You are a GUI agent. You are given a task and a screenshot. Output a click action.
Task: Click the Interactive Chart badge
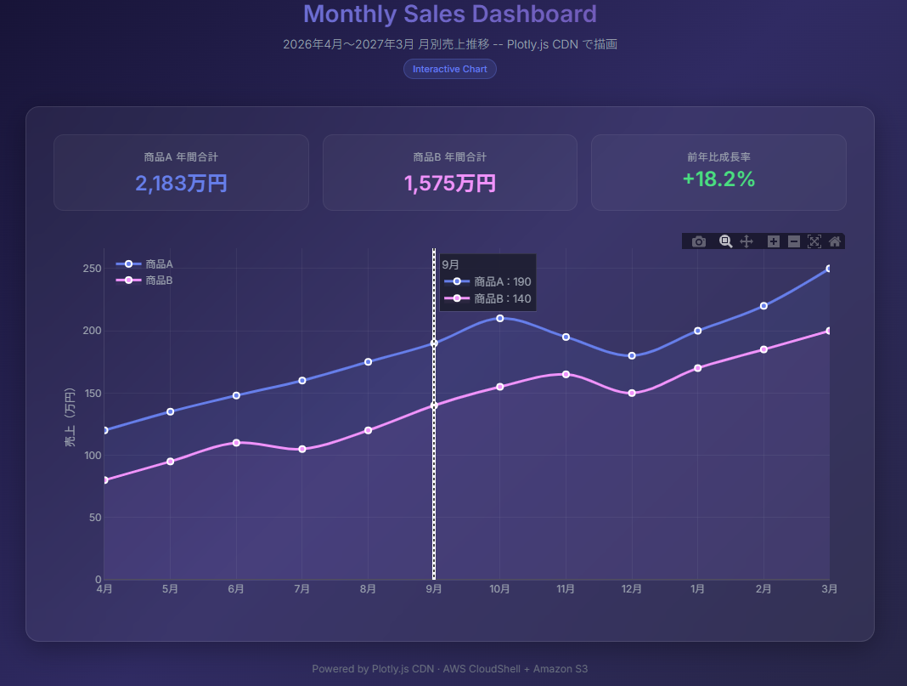(450, 69)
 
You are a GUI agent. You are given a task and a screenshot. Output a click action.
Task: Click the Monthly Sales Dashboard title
(450, 14)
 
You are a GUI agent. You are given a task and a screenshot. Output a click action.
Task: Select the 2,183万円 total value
(181, 184)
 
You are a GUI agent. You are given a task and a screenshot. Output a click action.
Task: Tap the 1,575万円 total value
(450, 184)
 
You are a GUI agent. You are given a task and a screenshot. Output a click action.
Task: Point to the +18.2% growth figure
(719, 179)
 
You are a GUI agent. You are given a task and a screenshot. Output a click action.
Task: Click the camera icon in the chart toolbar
(699, 241)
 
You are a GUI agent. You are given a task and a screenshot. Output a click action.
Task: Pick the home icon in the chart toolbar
(835, 241)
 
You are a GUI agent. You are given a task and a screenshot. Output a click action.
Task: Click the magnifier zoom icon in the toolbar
(725, 241)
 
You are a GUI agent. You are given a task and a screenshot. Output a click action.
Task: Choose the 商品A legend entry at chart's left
(144, 264)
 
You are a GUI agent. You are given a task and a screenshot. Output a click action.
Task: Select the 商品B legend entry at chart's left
(144, 281)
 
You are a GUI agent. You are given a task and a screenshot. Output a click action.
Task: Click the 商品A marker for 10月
(499, 319)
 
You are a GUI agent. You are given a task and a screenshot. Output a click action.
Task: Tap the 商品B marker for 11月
(566, 375)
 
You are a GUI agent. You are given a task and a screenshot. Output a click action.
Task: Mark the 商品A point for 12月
(632, 355)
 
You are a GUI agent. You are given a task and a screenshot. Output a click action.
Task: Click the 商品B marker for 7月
(302, 449)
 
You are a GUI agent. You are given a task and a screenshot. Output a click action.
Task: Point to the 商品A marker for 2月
(763, 306)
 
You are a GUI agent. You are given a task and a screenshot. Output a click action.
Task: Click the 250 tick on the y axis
(92, 269)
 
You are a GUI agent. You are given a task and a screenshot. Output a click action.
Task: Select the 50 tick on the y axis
(95, 518)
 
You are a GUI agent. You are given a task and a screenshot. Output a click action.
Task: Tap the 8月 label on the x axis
(368, 589)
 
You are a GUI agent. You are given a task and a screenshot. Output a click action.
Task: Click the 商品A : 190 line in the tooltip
(487, 281)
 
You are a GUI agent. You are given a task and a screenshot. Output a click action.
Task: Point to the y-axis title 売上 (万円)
(70, 417)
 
